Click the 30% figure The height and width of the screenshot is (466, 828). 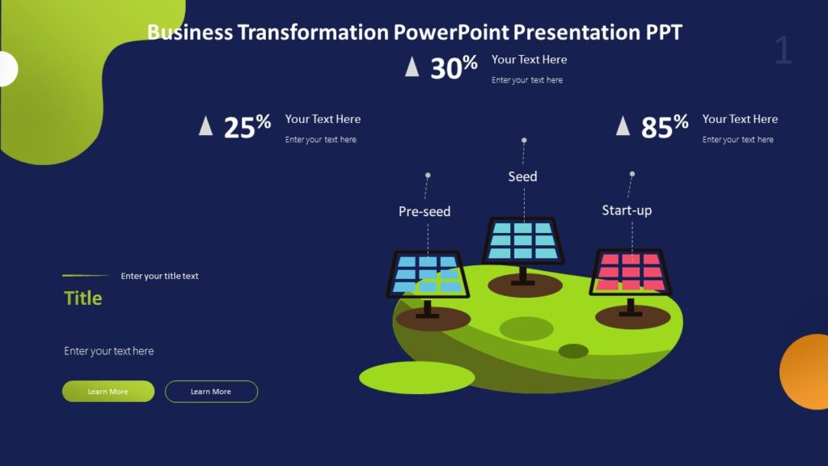click(453, 68)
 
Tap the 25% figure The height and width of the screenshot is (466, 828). click(247, 127)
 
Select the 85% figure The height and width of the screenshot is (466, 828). click(664, 126)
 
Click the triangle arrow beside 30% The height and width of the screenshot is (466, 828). click(412, 66)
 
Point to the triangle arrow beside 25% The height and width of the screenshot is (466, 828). click(206, 125)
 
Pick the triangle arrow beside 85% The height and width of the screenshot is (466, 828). click(623, 125)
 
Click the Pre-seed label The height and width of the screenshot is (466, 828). click(425, 211)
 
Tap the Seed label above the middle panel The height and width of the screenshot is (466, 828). click(522, 176)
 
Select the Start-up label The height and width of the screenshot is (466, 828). click(627, 210)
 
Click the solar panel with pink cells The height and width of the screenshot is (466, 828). click(630, 272)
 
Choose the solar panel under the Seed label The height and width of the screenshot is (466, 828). click(523, 241)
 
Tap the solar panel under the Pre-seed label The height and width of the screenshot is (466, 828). click(428, 275)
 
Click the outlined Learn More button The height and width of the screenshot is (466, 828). click(211, 392)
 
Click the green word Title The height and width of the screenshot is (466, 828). click(83, 298)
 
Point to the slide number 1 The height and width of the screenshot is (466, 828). click(783, 51)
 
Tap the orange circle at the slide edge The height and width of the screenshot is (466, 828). click(806, 371)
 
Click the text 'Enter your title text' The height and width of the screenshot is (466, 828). click(159, 276)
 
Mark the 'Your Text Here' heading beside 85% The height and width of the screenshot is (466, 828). click(740, 119)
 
